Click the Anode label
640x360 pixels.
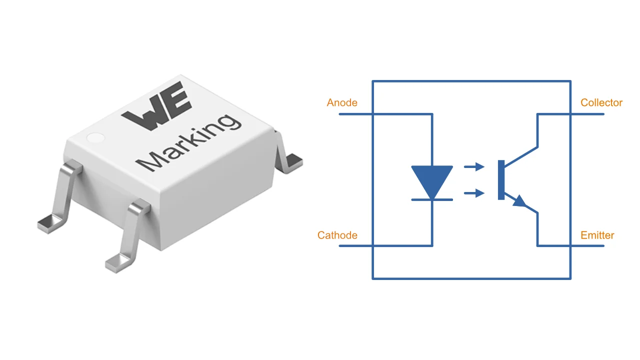click(342, 103)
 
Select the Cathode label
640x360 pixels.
click(337, 235)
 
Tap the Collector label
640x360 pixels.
click(601, 103)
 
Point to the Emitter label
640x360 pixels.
click(597, 235)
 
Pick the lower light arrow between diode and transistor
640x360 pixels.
click(474, 193)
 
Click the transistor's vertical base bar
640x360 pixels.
click(501, 180)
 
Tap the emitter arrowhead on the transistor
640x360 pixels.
click(520, 201)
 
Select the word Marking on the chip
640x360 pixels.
click(188, 142)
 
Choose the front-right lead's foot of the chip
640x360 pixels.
click(118, 263)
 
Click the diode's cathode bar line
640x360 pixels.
click(432, 200)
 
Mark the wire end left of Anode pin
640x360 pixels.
click(341, 114)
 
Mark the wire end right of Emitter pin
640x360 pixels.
click(602, 246)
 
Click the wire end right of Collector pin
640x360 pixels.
click(602, 114)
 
